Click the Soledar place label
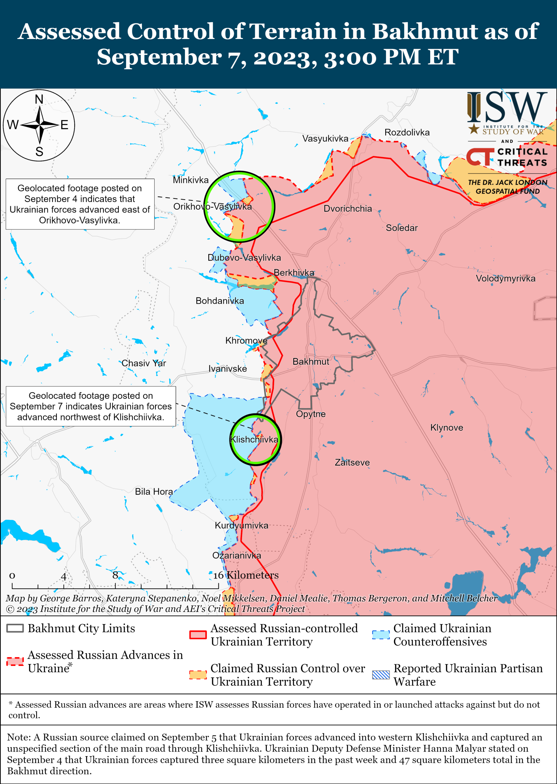click(x=401, y=228)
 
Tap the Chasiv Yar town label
click(x=144, y=363)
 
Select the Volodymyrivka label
click(x=505, y=278)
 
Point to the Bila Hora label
click(x=154, y=491)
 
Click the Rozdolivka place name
click(x=407, y=132)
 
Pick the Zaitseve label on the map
click(x=352, y=463)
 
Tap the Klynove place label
click(x=447, y=427)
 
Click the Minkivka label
click(x=191, y=180)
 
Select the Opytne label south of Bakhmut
click(x=311, y=414)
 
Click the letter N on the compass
click(x=39, y=100)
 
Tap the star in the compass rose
click(x=39, y=125)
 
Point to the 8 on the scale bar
click(x=115, y=575)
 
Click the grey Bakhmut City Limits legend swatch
click(x=15, y=628)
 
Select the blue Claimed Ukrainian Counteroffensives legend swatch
click(x=380, y=635)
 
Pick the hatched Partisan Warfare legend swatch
click(x=380, y=675)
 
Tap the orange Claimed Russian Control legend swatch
click(x=198, y=675)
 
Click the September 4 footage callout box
click(x=80, y=204)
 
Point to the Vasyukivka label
click(x=325, y=139)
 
